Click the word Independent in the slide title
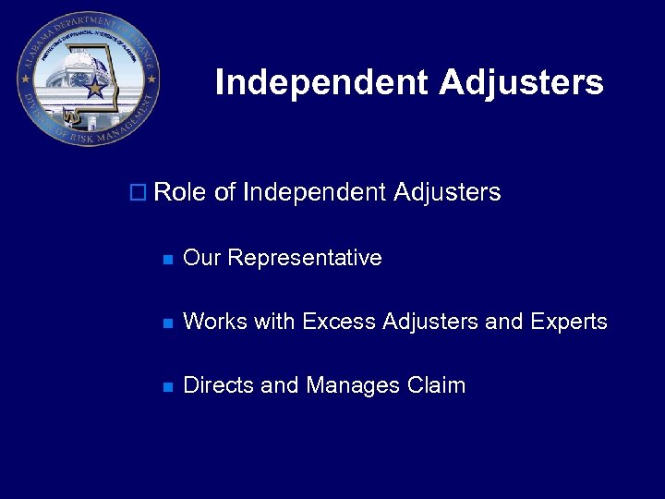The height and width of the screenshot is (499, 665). click(x=322, y=83)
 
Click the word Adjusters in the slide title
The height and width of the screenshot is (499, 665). click(x=522, y=83)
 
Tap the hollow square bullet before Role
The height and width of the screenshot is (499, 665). click(x=138, y=193)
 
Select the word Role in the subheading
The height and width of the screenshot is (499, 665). click(x=181, y=193)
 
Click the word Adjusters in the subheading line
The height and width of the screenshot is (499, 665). click(x=447, y=193)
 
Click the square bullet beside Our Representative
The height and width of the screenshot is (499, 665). click(x=167, y=260)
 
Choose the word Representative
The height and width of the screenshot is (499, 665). click(x=304, y=258)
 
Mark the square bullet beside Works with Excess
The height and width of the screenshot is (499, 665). click(x=167, y=323)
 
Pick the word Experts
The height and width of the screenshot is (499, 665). click(x=568, y=322)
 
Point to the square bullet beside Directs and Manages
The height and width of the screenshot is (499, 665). click(x=167, y=387)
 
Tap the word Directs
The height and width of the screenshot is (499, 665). click(x=219, y=385)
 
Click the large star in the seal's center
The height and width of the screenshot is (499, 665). click(x=94, y=89)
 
